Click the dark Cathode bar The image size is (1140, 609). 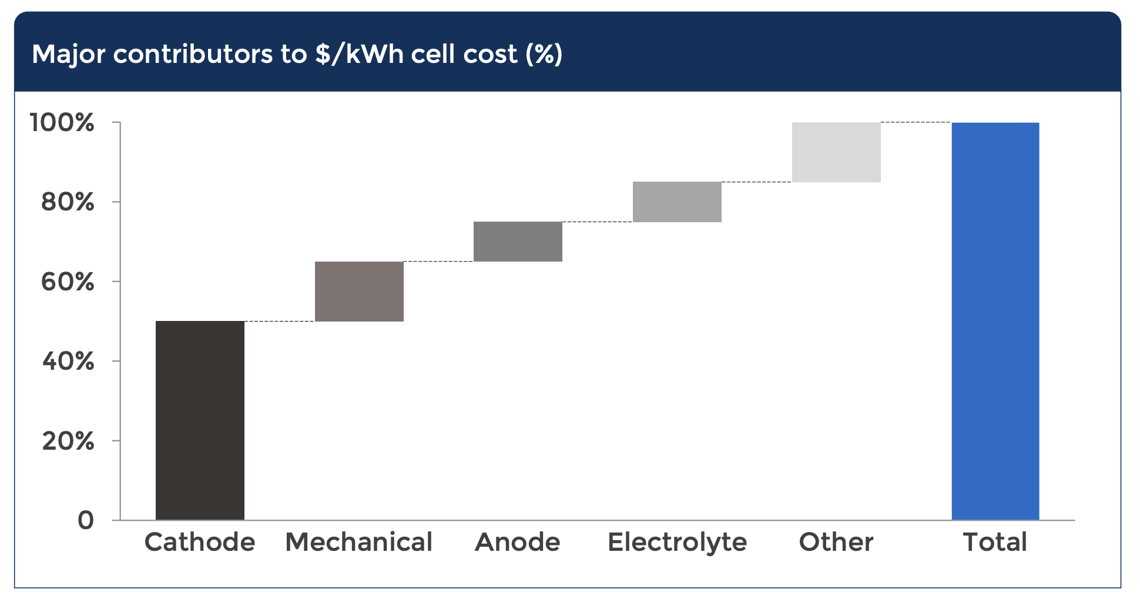(x=200, y=420)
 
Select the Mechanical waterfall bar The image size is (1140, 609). (x=359, y=292)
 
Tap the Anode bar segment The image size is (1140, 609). (x=518, y=242)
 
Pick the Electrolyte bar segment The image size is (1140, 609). (x=677, y=202)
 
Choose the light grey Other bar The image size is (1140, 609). (x=836, y=152)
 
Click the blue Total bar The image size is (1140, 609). (x=995, y=321)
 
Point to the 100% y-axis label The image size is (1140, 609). (x=62, y=123)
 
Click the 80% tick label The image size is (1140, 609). (x=68, y=202)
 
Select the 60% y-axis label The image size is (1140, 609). (x=68, y=282)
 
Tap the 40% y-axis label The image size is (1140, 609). (x=68, y=362)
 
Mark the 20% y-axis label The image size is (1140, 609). (x=68, y=441)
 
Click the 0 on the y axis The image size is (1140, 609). (x=86, y=520)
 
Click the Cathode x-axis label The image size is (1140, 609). (x=200, y=542)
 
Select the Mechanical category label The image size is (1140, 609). (x=359, y=542)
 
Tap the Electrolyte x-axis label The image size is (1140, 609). (x=677, y=542)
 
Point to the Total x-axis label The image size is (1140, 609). (x=995, y=542)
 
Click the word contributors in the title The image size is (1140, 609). (x=193, y=54)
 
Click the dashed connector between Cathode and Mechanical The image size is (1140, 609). (x=280, y=321)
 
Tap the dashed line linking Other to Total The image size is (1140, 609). (x=916, y=122)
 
